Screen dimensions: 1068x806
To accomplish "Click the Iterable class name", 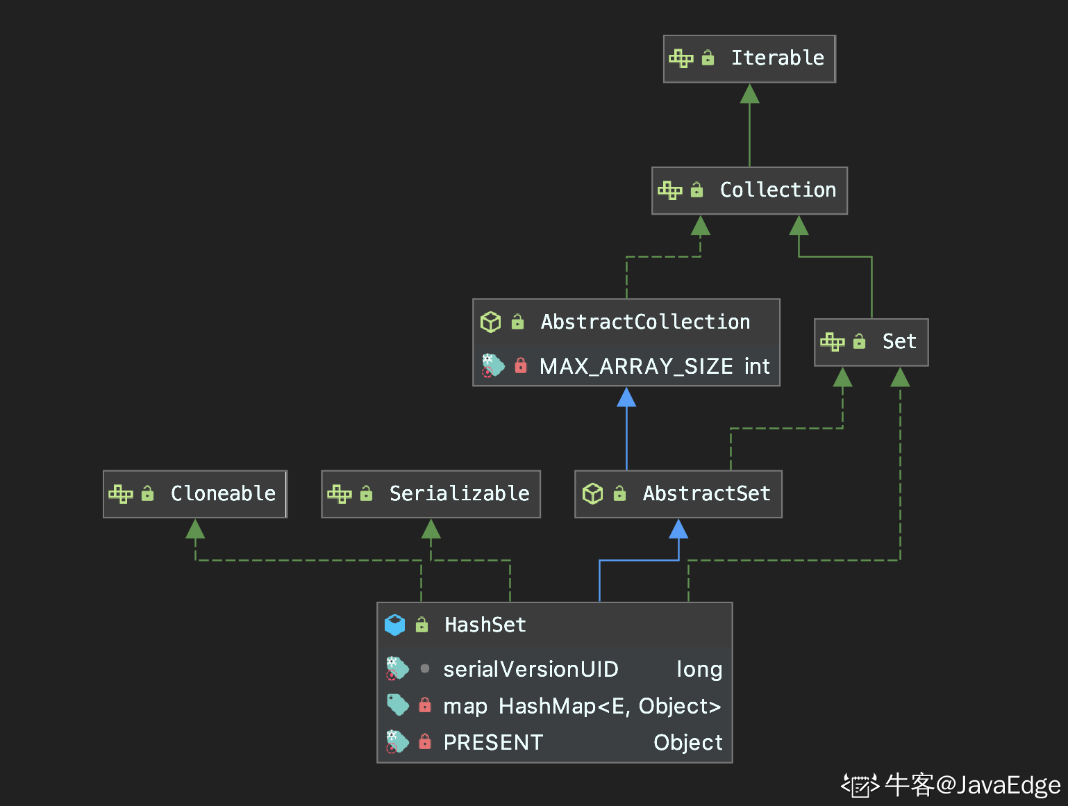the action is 778,58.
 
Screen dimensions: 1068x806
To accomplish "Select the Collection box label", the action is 778,190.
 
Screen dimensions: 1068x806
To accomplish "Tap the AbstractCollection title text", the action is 645,322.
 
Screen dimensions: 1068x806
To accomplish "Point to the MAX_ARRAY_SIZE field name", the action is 636,366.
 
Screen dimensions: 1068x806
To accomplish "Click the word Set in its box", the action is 899,341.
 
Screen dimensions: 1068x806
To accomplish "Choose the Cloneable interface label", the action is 223,493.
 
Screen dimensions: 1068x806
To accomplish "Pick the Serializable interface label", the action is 459,493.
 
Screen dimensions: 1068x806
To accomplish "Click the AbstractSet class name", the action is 706,493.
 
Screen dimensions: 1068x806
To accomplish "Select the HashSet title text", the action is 485,625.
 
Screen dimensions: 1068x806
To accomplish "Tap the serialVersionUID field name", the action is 531,669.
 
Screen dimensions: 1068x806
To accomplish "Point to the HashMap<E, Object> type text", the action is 610,706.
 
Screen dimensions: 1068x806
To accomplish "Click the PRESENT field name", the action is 493,743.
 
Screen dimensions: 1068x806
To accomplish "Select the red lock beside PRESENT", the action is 425,741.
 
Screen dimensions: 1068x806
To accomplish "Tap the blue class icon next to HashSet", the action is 394,625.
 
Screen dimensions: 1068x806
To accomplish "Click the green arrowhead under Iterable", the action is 749,93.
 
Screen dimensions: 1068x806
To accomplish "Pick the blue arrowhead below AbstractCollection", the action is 626,397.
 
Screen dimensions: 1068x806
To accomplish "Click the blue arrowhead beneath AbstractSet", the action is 678,529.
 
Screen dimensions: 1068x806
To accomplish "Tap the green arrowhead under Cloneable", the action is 195,529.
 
